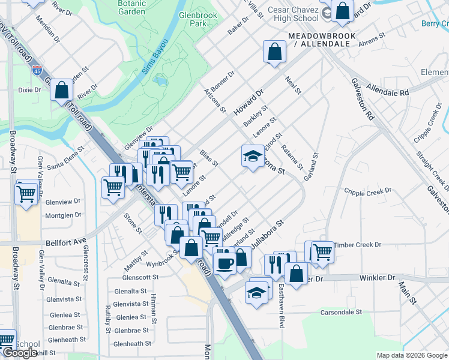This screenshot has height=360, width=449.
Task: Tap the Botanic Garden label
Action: pos(131,7)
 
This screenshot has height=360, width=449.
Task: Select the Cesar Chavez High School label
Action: pos(292,14)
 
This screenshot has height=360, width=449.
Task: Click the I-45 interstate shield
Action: pos(37,71)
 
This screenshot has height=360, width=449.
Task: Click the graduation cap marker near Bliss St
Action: pos(253,156)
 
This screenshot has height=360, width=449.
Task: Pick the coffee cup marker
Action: pos(224,263)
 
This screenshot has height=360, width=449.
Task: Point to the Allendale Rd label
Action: pos(388,90)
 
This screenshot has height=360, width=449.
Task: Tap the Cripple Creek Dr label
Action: pos(367,191)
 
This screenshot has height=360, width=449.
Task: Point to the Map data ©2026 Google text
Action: pos(411,355)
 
